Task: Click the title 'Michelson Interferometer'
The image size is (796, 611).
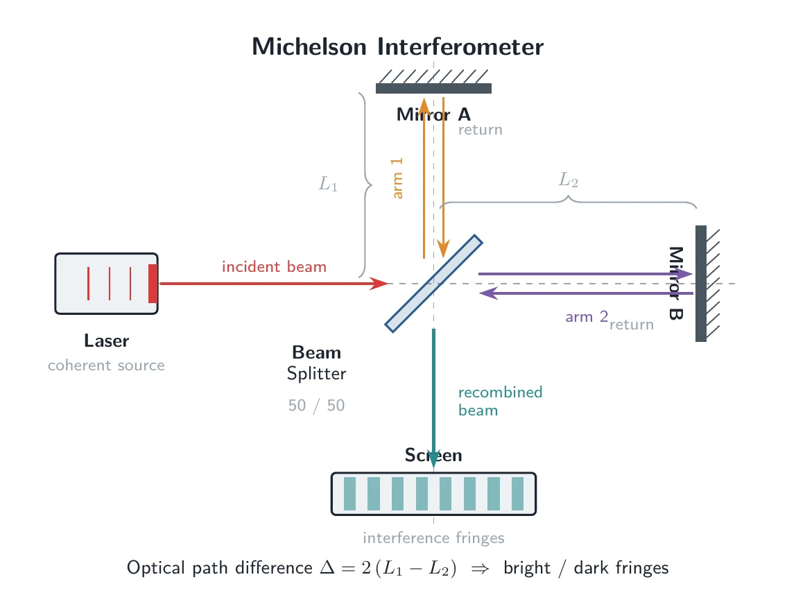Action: click(x=397, y=46)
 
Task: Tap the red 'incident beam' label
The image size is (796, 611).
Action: click(x=274, y=266)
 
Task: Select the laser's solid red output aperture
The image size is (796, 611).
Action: click(x=153, y=284)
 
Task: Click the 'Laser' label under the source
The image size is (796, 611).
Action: click(x=107, y=341)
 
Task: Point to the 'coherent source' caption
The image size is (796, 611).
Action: click(x=106, y=365)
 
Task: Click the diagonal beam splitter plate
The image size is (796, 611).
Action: click(x=433, y=284)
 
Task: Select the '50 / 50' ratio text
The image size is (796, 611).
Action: click(x=316, y=405)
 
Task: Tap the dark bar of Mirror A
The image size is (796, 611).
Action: click(x=433, y=88)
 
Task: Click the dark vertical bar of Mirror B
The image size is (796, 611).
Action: click(x=700, y=284)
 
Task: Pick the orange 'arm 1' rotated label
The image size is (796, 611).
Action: click(x=397, y=178)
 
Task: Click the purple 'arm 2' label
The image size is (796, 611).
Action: click(x=587, y=317)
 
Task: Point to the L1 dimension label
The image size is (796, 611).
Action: click(x=328, y=184)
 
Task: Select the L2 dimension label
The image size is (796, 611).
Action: click(x=569, y=180)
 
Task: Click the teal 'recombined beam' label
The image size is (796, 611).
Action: click(x=500, y=402)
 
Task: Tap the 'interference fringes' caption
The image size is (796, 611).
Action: click(x=433, y=538)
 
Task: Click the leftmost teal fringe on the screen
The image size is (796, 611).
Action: click(x=349, y=494)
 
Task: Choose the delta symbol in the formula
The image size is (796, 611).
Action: click(x=327, y=567)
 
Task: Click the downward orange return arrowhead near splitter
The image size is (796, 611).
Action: click(x=443, y=249)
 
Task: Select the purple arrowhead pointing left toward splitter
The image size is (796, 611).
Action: click(x=488, y=293)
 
